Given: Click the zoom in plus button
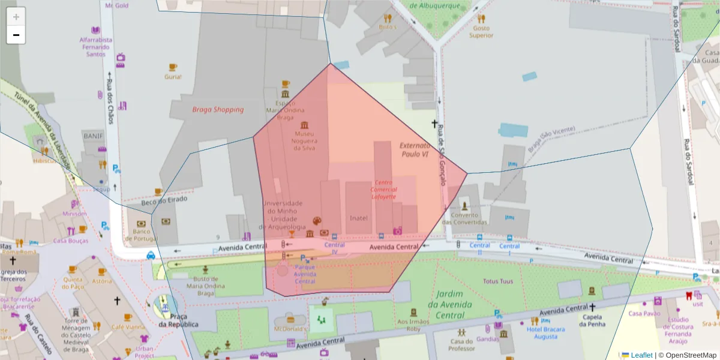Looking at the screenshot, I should (x=16, y=17).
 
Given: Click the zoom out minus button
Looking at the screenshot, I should (x=16, y=35).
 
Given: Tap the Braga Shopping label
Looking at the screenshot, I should (x=218, y=110).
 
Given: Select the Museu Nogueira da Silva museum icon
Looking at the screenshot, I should (x=304, y=125).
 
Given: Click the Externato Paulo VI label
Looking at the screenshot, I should (x=415, y=150).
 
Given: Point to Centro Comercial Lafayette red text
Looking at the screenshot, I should (x=384, y=189).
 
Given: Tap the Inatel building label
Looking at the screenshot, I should (x=359, y=218).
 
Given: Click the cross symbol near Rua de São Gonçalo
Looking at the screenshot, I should (x=434, y=124).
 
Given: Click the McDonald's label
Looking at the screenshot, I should (x=290, y=329).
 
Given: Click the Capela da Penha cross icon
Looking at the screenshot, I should (x=592, y=307).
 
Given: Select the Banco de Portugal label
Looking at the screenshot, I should (x=141, y=235).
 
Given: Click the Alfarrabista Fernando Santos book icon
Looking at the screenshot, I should (x=95, y=30).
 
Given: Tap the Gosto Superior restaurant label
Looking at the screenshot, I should (x=481, y=32).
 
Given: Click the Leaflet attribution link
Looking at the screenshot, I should (x=641, y=355).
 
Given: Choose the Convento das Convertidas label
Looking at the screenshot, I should (x=464, y=219).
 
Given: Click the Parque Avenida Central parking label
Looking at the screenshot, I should (x=305, y=277).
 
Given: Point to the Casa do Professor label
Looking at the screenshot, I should (x=461, y=345).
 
